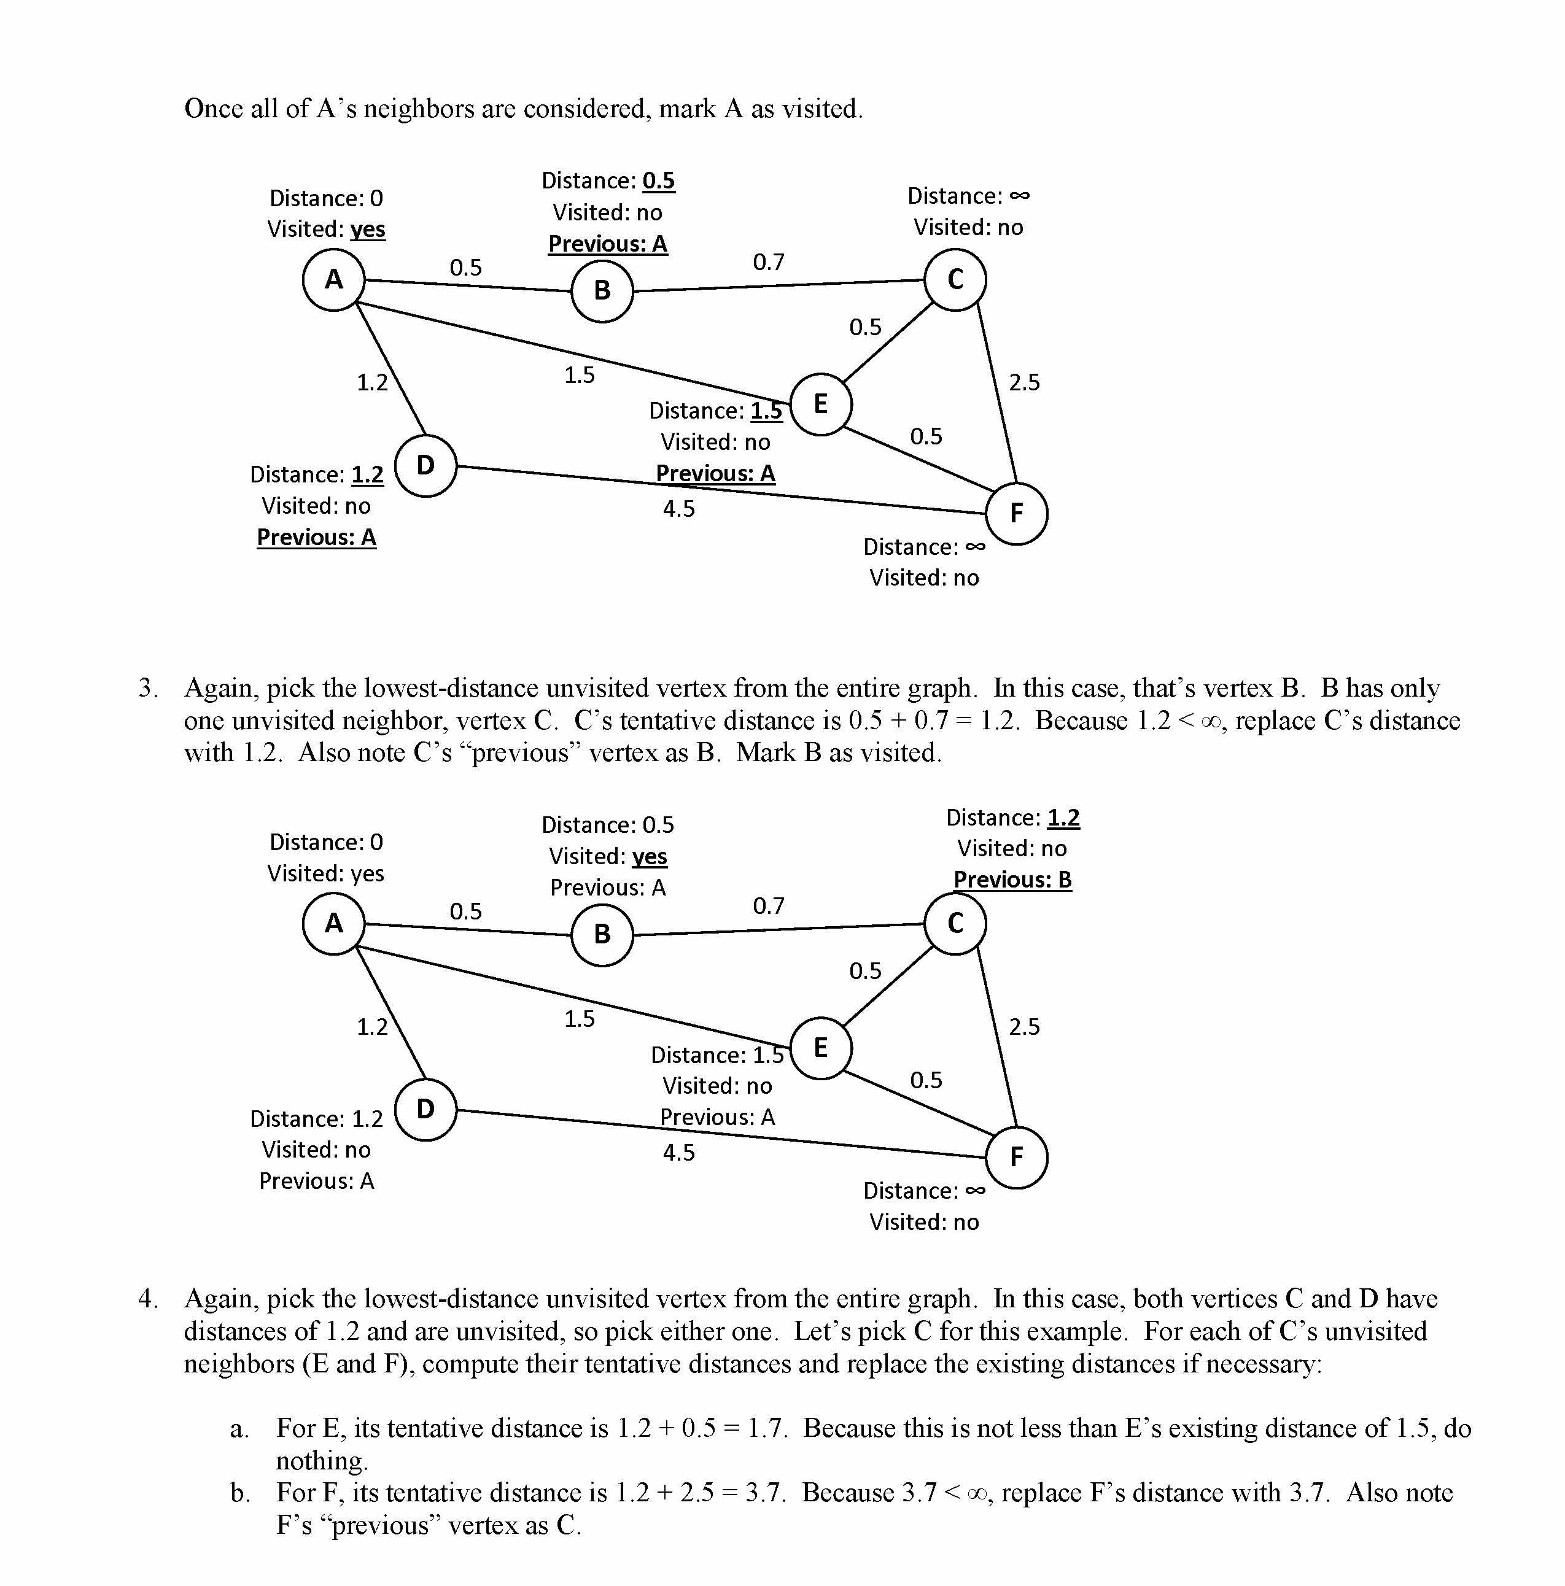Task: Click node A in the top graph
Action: coord(333,279)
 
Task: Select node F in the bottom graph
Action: coord(1017,1157)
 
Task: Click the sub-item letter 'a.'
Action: coord(239,1428)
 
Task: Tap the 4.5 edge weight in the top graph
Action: coord(679,509)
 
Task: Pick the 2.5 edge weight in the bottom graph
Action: coord(1024,1026)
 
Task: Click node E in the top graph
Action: coord(820,404)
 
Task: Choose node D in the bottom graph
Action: coord(425,1109)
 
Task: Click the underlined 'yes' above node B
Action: coord(650,856)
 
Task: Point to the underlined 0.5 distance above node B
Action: coord(659,180)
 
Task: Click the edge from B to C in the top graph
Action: coord(779,285)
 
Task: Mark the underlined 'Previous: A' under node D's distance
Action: coord(316,537)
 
